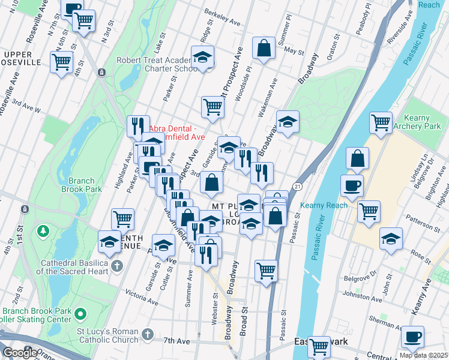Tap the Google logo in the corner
(20, 353)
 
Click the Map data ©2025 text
(423, 355)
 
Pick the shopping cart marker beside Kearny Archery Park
(381, 123)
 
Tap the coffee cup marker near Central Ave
(412, 337)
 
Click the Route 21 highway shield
(297, 187)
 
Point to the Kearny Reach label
(325, 205)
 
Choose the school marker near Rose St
(391, 239)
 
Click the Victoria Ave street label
(142, 295)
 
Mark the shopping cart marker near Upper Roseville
(62, 61)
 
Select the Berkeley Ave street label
(222, 20)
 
